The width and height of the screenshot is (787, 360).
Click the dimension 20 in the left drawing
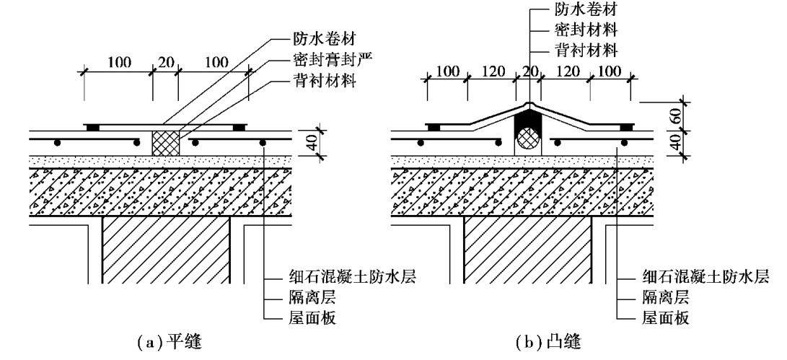pyautogui.click(x=165, y=62)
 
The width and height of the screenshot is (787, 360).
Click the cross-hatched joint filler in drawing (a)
pyautogui.click(x=165, y=142)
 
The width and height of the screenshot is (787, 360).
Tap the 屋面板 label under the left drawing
pyautogui.click(x=309, y=317)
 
